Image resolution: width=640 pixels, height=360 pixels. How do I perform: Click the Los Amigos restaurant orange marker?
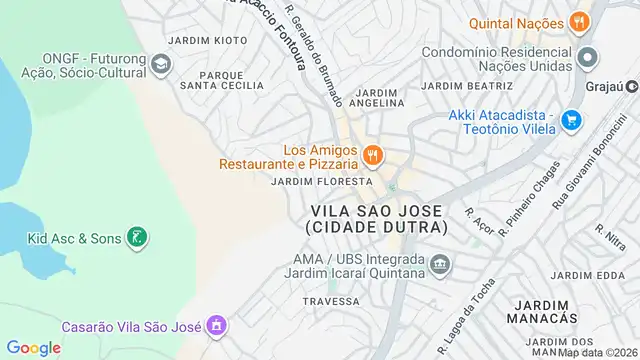coord(372,154)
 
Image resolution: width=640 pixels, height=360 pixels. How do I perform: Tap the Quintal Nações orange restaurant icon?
coord(578,21)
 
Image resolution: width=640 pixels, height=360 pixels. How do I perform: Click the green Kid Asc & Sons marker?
coord(138,238)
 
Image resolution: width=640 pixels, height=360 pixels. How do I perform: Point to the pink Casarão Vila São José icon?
coord(215,325)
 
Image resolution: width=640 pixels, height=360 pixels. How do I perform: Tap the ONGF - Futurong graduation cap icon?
coord(160,66)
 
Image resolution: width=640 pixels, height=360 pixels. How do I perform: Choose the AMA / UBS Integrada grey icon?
coord(441,265)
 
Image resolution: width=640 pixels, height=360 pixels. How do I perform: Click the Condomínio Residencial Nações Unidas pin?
coord(588,56)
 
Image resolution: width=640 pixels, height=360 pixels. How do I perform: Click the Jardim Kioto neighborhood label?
coord(208,40)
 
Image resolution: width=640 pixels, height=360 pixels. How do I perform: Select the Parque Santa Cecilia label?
coord(222,80)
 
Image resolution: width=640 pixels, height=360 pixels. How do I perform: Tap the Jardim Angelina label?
coord(378,96)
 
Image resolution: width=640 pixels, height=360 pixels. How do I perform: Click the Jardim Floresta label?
coord(322,182)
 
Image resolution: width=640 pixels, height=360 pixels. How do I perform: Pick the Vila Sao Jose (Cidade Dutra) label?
coord(379,219)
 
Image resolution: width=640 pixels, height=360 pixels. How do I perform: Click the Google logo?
coord(34,347)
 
